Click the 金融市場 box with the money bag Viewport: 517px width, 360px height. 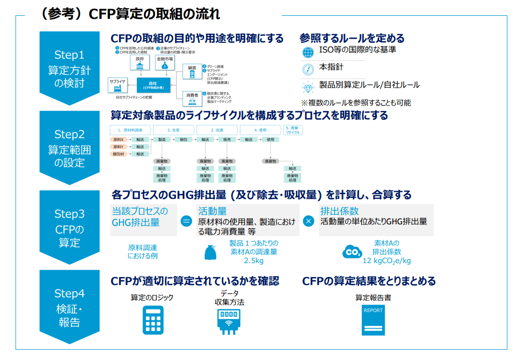pos(164,63)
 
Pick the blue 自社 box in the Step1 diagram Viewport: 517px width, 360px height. pos(153,85)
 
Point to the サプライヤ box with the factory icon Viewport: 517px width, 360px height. pos(116,84)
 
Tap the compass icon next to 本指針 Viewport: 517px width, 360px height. pos(308,69)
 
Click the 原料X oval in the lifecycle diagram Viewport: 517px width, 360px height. pos(119,139)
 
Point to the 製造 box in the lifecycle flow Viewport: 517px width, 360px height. pos(162,139)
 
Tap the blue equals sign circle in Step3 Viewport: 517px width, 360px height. pos(186,221)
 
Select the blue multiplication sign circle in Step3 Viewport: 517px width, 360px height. pos(308,221)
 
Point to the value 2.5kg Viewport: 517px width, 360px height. pos(254,261)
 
